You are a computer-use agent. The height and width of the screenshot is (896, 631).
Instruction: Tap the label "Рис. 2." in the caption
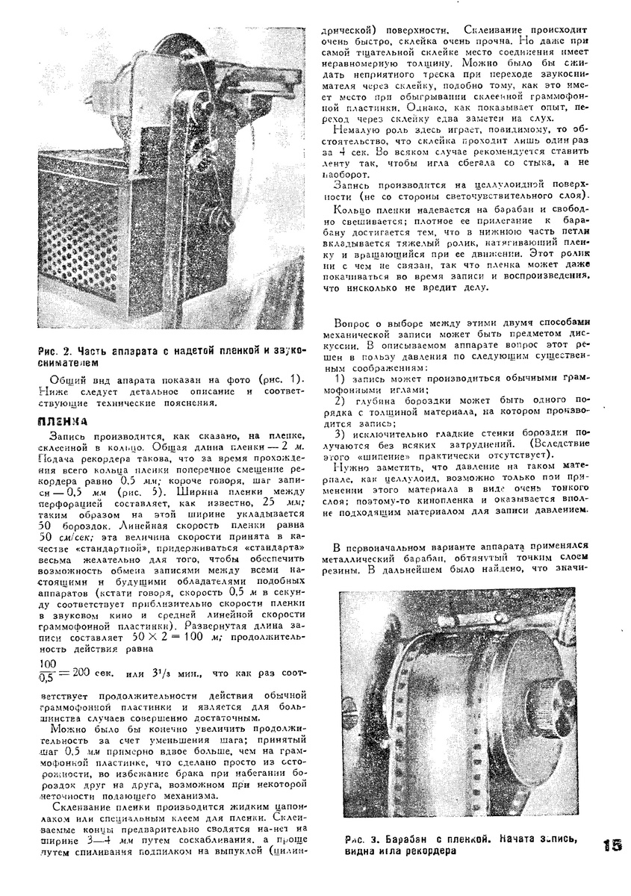(55, 352)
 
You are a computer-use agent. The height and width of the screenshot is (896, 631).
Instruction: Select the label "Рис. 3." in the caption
(360, 839)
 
